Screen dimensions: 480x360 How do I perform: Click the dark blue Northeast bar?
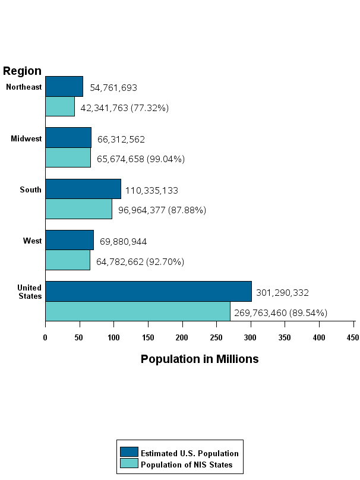tap(64, 86)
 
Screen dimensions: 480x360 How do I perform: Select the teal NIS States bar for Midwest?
tap(68, 158)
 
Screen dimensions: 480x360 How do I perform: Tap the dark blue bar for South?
tap(83, 189)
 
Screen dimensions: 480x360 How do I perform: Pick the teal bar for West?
tap(68, 261)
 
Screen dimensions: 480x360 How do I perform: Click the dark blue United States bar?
tap(148, 291)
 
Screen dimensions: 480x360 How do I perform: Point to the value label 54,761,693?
tap(113, 88)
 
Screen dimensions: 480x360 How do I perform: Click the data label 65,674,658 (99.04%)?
tap(141, 159)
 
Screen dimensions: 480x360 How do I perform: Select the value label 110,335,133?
tap(151, 191)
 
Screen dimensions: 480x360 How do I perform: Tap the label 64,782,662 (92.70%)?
tap(140, 262)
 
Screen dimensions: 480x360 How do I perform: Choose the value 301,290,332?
tap(282, 293)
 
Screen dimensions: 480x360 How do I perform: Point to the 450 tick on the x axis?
tap(353, 338)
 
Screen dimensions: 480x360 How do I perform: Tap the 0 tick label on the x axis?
tap(45, 338)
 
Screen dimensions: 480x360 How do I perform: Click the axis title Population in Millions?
tap(200, 359)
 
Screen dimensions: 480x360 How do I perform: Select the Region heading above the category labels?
tap(22, 71)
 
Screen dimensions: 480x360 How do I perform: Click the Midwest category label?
tap(26, 139)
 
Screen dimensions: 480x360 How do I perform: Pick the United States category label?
tap(29, 292)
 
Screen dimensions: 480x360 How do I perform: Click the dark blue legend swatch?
tap(129, 453)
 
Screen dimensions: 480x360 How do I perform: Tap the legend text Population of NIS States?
tap(187, 465)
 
